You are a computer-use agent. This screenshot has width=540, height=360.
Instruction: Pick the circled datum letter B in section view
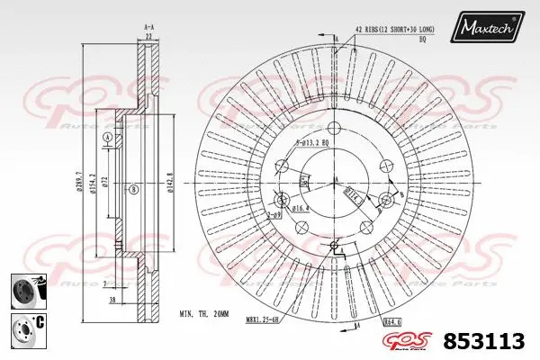(x=132, y=188)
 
